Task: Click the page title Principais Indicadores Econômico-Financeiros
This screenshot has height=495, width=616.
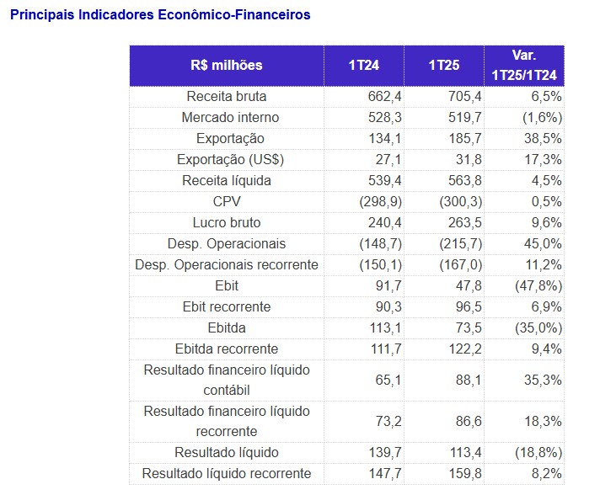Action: click(159, 15)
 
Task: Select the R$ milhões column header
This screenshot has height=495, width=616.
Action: click(227, 66)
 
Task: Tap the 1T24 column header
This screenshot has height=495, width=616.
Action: click(363, 66)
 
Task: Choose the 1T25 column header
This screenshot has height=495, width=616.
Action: click(443, 66)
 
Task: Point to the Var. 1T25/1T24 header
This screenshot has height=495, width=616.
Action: click(524, 66)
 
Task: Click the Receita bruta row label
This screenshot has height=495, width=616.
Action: click(227, 96)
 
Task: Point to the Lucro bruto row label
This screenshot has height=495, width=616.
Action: click(227, 222)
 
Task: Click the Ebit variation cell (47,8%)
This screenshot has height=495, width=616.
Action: click(538, 285)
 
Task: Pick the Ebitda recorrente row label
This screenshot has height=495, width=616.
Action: click(227, 349)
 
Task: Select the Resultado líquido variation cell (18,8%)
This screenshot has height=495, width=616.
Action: click(538, 453)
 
